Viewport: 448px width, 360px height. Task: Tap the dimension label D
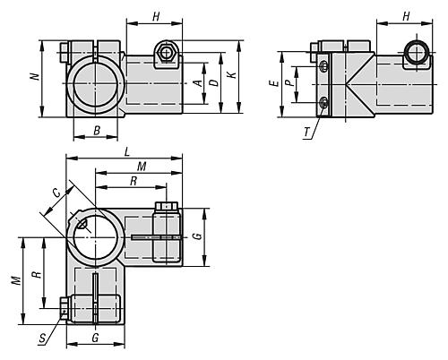(213, 81)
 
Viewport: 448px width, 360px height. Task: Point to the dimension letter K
(232, 78)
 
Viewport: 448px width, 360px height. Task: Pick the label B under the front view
(96, 131)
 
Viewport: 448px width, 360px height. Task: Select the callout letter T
(307, 132)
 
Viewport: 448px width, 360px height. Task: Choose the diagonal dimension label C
(56, 191)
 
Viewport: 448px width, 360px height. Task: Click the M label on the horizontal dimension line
(141, 167)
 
